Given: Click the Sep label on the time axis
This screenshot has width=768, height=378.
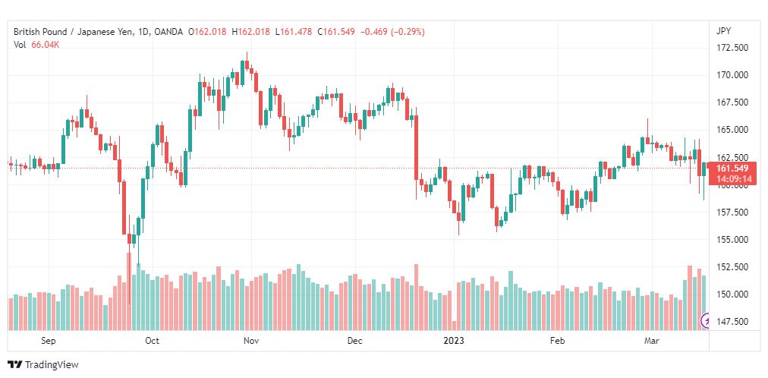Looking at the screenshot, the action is pos(49,341).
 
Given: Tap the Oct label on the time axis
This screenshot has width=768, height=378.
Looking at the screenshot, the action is pos(153,341).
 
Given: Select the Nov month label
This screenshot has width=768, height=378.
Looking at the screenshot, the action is pos(250,341).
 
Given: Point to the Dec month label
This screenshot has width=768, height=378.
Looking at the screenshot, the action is pos(354,341).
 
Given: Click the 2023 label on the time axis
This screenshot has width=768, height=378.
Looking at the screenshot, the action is pos(454,341).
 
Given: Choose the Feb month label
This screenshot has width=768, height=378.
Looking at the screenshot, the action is pos(557,341).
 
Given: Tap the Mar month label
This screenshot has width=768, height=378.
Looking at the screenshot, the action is pos(651,341).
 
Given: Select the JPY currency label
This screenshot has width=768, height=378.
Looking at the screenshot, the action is pos(723,31).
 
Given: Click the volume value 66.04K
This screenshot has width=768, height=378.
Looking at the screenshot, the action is pos(45,45).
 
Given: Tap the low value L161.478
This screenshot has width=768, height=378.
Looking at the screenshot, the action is pos(294,32).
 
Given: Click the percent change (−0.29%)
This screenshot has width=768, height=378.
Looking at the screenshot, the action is pos(408,32).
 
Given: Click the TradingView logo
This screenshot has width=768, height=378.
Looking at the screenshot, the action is pos(43,365).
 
